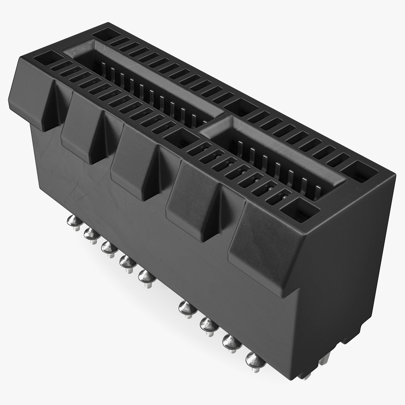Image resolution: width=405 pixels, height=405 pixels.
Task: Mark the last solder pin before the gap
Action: tap(146, 277)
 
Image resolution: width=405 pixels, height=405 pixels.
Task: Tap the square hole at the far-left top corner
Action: tap(106, 34)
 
